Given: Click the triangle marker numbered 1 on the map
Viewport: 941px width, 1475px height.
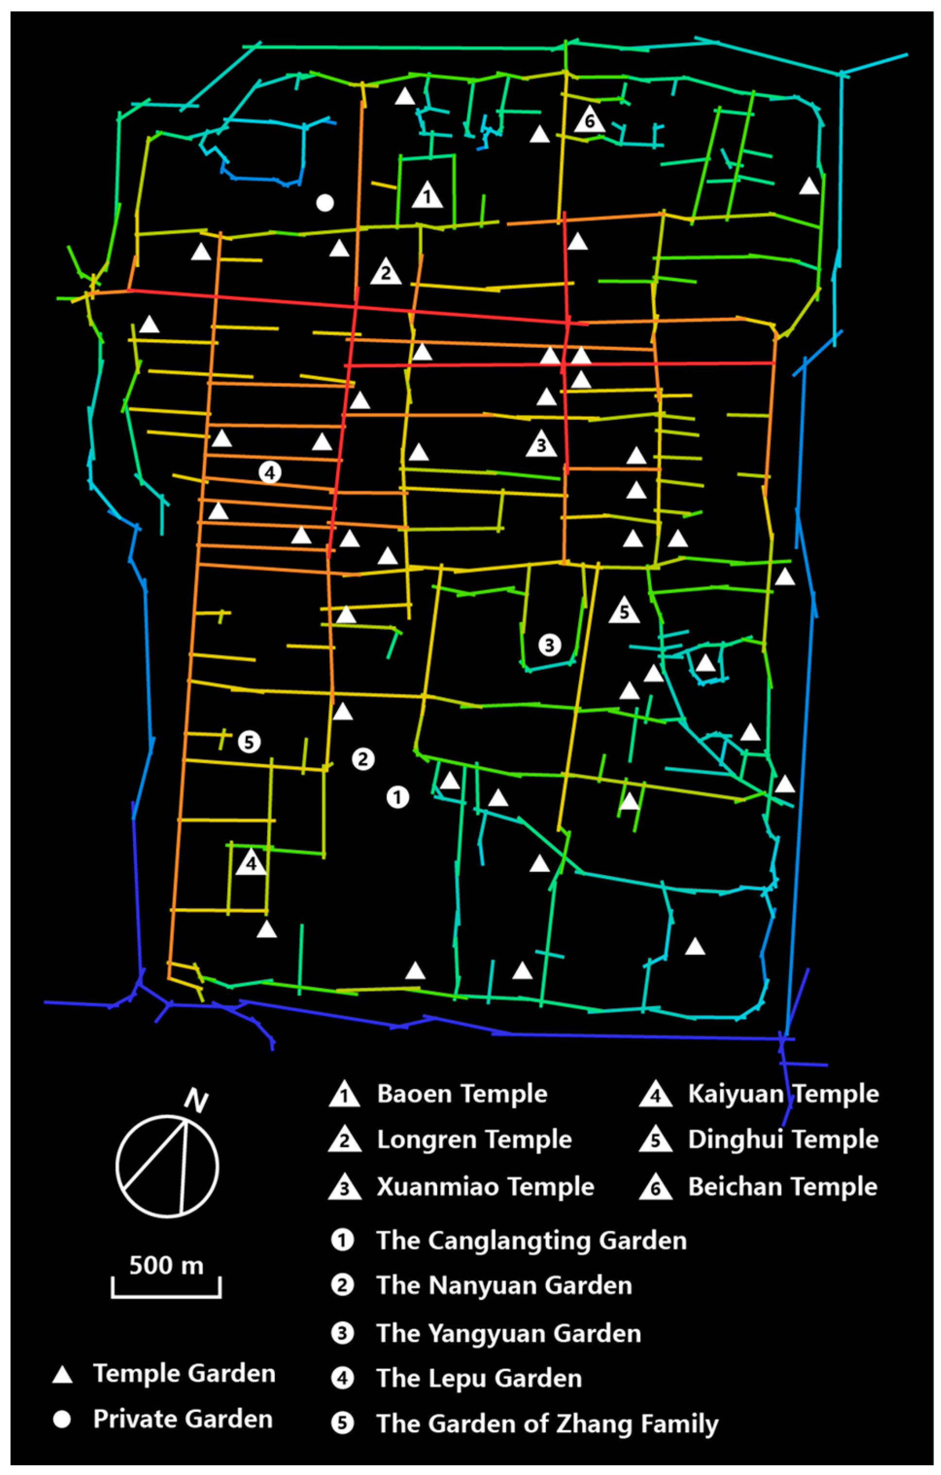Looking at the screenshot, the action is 427,195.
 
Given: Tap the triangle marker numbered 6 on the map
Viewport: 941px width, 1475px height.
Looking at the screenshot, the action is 589,120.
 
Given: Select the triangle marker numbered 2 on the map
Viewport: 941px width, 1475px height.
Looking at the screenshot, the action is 385,272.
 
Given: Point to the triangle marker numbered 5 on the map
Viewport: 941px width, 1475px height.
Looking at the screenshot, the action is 624,611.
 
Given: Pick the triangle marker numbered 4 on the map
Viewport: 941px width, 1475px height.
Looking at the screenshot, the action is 251,863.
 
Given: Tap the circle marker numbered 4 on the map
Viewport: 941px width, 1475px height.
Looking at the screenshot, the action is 270,472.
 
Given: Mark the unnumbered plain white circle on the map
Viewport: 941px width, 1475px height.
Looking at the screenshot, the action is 325,203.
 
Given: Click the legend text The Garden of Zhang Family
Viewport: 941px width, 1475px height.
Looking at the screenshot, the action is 547,1424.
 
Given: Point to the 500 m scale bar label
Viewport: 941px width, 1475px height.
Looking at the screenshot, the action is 166,1266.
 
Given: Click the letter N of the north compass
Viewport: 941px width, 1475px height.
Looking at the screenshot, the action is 196,1102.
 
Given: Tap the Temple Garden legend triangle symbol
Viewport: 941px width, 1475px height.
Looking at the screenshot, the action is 62,1374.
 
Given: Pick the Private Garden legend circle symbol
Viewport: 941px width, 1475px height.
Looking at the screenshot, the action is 61,1419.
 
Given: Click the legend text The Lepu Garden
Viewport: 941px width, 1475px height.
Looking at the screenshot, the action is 479,1378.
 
